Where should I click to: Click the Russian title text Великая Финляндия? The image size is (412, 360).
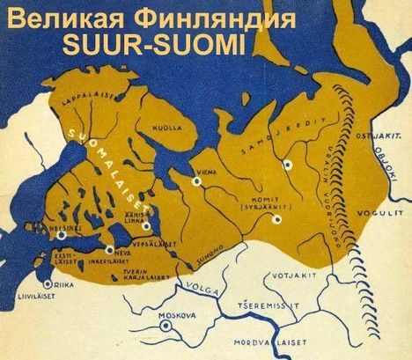click(146, 16)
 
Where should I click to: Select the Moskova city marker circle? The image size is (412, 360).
click(166, 326)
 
